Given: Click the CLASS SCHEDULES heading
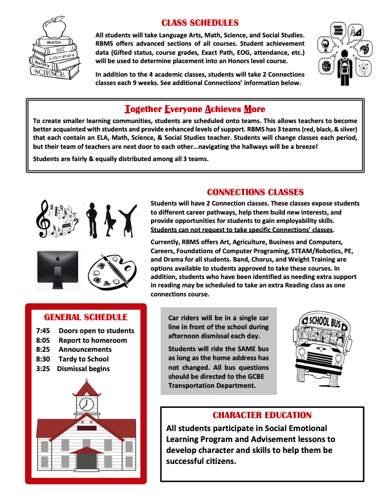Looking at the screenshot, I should pyautogui.click(x=195, y=23).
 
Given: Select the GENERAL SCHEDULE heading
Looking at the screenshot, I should pyautogui.click(x=85, y=317).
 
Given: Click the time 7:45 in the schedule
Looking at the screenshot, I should pyautogui.click(x=42, y=331).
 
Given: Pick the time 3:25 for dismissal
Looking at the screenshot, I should pyautogui.click(x=42, y=369).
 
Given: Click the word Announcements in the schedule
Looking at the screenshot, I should pyautogui.click(x=85, y=350).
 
